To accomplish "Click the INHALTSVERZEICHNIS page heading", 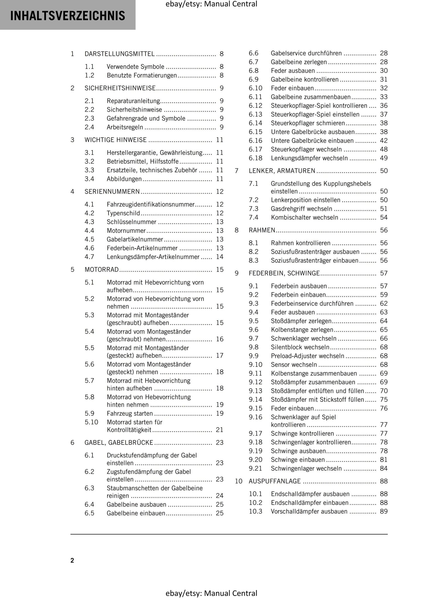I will (x=68, y=16).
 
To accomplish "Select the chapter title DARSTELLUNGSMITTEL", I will (x=119, y=54).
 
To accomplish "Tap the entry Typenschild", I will (x=123, y=213).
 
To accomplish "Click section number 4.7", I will (x=89, y=257).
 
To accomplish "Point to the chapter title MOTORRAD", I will (x=102, y=270).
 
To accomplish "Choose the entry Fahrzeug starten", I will (x=130, y=413).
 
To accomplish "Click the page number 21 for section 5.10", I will (x=220, y=430).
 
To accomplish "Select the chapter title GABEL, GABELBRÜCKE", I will (x=119, y=443).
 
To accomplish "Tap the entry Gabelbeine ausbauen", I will (x=136, y=504).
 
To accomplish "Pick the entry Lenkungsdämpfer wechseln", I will (x=309, y=158).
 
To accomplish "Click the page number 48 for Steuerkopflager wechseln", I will (x=384, y=149).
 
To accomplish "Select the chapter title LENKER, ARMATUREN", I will (x=282, y=171).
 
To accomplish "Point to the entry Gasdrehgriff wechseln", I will (x=302, y=209).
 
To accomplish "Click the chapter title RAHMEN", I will (x=262, y=230).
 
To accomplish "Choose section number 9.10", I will (x=255, y=365).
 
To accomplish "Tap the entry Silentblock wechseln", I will (x=300, y=347).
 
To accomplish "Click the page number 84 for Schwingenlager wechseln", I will (x=384, y=468).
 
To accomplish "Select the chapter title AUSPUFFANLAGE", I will (x=275, y=481).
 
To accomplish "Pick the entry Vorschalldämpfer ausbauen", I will (x=309, y=511).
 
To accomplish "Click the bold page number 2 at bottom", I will (x=72, y=561).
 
